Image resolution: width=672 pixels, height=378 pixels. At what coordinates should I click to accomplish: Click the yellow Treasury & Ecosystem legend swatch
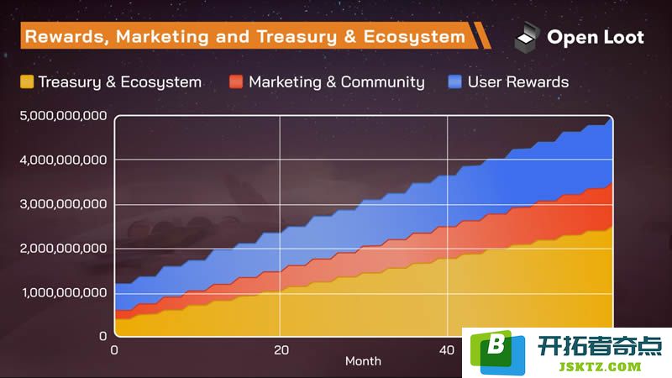(x=27, y=81)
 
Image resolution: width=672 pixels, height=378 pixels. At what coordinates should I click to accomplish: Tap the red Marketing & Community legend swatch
(x=236, y=81)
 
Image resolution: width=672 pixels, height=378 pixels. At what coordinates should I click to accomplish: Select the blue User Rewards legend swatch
(x=454, y=81)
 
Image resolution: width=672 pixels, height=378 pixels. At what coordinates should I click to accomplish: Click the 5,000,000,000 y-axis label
(x=63, y=116)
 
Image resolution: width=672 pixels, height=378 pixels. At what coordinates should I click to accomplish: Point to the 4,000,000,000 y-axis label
(x=63, y=160)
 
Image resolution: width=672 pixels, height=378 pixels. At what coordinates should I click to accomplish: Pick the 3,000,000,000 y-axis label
(x=63, y=204)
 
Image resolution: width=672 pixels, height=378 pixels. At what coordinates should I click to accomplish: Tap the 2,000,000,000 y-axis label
(x=63, y=248)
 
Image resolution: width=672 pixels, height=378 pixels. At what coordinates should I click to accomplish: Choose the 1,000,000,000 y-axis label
(x=65, y=292)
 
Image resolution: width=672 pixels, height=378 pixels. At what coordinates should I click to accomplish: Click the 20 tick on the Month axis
(x=281, y=350)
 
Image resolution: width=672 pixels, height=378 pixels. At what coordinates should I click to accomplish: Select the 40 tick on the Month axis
(x=447, y=350)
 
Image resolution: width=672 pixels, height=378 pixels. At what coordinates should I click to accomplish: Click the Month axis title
(x=363, y=361)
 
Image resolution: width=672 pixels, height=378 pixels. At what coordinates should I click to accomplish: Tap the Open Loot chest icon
(x=527, y=37)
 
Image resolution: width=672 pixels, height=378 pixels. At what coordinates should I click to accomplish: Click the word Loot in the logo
(x=623, y=37)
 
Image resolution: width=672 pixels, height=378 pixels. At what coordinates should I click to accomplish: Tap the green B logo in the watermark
(x=497, y=352)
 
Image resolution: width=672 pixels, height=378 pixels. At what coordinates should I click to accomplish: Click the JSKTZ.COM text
(x=600, y=367)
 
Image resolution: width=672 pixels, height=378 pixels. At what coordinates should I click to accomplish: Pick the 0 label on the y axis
(x=102, y=336)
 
